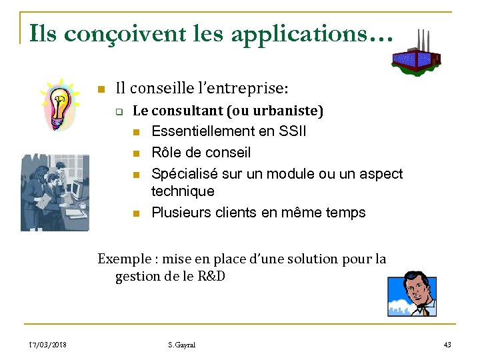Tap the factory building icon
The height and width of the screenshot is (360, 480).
[416, 53]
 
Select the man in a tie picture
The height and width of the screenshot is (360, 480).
[412, 293]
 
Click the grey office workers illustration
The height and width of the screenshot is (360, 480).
[54, 193]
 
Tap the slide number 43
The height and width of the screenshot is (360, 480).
[447, 345]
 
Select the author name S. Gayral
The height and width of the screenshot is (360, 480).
[182, 345]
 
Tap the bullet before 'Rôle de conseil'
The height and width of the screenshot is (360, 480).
[136, 153]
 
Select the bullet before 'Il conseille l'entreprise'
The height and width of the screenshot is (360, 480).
[101, 88]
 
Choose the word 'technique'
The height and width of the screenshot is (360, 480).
[183, 191]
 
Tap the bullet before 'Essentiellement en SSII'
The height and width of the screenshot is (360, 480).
[136, 132]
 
